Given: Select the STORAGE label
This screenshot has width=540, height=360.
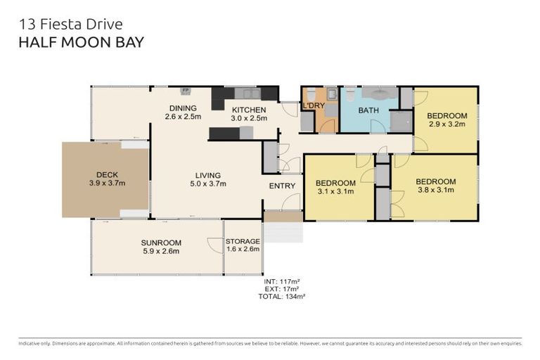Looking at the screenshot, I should (x=243, y=241).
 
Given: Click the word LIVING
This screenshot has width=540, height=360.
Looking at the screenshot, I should (x=209, y=175).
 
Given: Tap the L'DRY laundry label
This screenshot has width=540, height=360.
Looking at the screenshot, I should (x=313, y=106).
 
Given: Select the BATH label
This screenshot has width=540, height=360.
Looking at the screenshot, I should (x=369, y=110).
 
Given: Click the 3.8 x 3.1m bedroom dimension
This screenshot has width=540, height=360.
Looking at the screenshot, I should (x=435, y=189).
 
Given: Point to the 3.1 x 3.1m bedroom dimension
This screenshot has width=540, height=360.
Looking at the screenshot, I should (x=335, y=191).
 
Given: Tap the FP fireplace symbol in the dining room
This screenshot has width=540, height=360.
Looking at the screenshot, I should (x=186, y=91).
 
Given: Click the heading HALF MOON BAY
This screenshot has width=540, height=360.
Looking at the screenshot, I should (x=81, y=42).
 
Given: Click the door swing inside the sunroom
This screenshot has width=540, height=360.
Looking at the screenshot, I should (x=213, y=243).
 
